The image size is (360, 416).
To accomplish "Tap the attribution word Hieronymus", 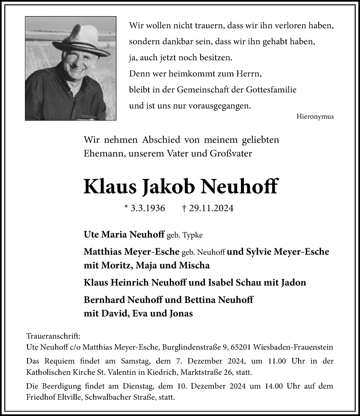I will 316,117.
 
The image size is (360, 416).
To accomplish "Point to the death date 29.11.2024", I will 211,208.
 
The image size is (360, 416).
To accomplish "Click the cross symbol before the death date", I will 184,208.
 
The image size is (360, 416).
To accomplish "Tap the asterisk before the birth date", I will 126,207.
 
